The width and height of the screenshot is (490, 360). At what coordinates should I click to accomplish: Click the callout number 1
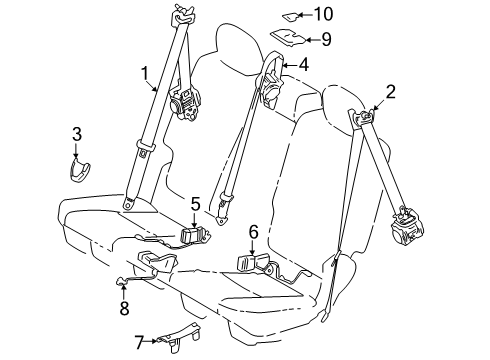(x=146, y=73)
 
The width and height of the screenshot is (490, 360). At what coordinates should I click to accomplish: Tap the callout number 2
(x=391, y=94)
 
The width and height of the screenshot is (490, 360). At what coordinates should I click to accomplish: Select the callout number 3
(x=76, y=136)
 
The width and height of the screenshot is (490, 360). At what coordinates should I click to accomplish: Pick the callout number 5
(x=196, y=204)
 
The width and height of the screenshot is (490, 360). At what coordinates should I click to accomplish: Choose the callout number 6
(x=253, y=233)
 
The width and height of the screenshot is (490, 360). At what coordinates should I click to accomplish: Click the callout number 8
(x=124, y=308)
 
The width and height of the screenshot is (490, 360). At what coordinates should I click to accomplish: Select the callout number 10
(x=322, y=14)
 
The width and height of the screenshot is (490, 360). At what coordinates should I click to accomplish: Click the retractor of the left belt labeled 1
(x=184, y=102)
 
